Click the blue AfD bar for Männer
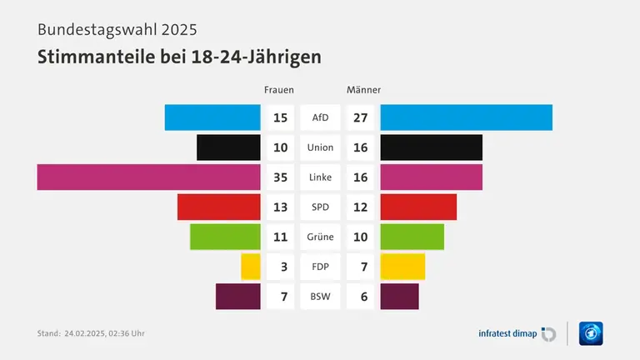point(466,117)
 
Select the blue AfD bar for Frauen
point(212,117)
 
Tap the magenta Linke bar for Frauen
point(148,177)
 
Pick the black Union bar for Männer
point(431,147)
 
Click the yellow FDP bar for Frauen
point(250,267)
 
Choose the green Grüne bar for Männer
point(412,237)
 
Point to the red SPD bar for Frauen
point(218,207)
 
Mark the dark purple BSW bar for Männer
point(399,296)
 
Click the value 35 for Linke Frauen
point(280,177)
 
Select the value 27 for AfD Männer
point(360,117)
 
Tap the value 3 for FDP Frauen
point(283,267)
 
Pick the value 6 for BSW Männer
point(360,297)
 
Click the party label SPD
point(320,207)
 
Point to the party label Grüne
point(320,237)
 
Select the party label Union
point(320,147)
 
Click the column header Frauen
point(278,89)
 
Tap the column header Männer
point(363,89)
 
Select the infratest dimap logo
point(517,333)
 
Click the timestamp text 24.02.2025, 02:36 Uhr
point(104,333)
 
